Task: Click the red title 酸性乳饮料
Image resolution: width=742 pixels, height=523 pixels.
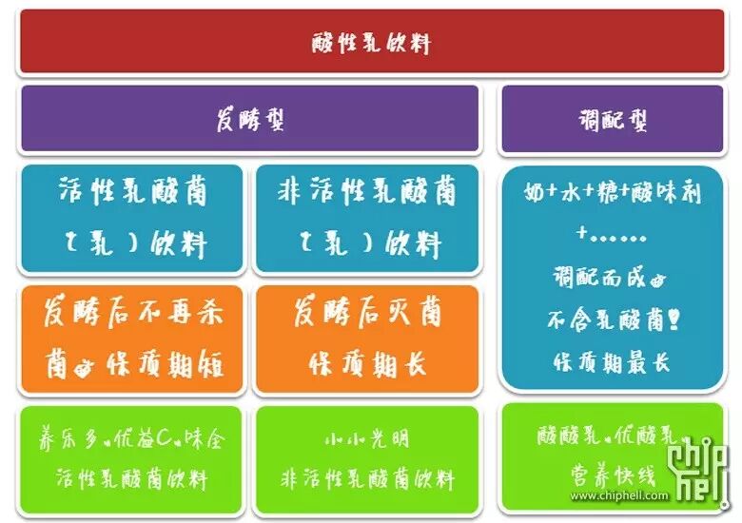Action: point(371,43)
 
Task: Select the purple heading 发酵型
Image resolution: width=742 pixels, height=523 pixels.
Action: point(249,120)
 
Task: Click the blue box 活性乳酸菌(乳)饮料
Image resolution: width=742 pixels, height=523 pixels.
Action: point(133,218)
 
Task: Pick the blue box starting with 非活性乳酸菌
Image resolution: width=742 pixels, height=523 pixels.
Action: point(367,218)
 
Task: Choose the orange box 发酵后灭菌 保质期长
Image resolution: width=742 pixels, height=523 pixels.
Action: point(367,338)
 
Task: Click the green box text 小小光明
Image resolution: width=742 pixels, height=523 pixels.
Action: point(367,440)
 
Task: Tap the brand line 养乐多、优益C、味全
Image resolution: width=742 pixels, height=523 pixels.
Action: point(133,440)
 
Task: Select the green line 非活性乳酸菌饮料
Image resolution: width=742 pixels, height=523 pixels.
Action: point(367,478)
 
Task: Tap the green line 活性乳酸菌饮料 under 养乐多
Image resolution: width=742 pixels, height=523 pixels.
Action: point(133,478)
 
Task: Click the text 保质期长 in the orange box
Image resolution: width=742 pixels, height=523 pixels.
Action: point(367,362)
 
